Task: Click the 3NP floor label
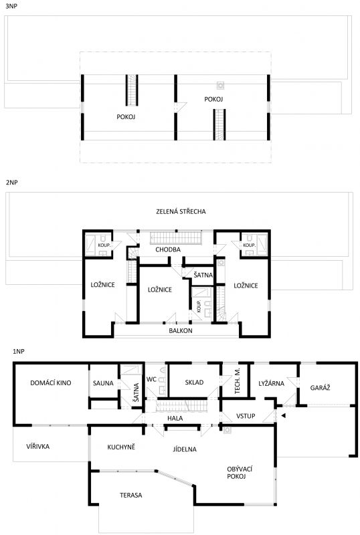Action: point(11,6)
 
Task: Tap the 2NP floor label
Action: point(11,183)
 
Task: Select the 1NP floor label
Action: point(19,351)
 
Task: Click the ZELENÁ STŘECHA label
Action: point(181,211)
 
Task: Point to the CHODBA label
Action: point(168,249)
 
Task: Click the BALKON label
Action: point(181,330)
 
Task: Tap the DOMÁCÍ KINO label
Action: point(51,383)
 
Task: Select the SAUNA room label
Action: point(103,383)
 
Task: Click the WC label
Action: point(151,379)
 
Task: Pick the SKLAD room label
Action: point(194,383)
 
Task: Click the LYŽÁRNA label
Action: point(271,383)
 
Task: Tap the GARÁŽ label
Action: point(320,388)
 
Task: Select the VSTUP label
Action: point(246,416)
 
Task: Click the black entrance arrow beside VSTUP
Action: point(283,415)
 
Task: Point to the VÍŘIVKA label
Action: point(38,446)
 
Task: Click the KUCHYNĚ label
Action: point(121,447)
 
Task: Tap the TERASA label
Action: point(130,495)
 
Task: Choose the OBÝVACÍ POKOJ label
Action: point(240,473)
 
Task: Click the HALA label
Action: point(175,419)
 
